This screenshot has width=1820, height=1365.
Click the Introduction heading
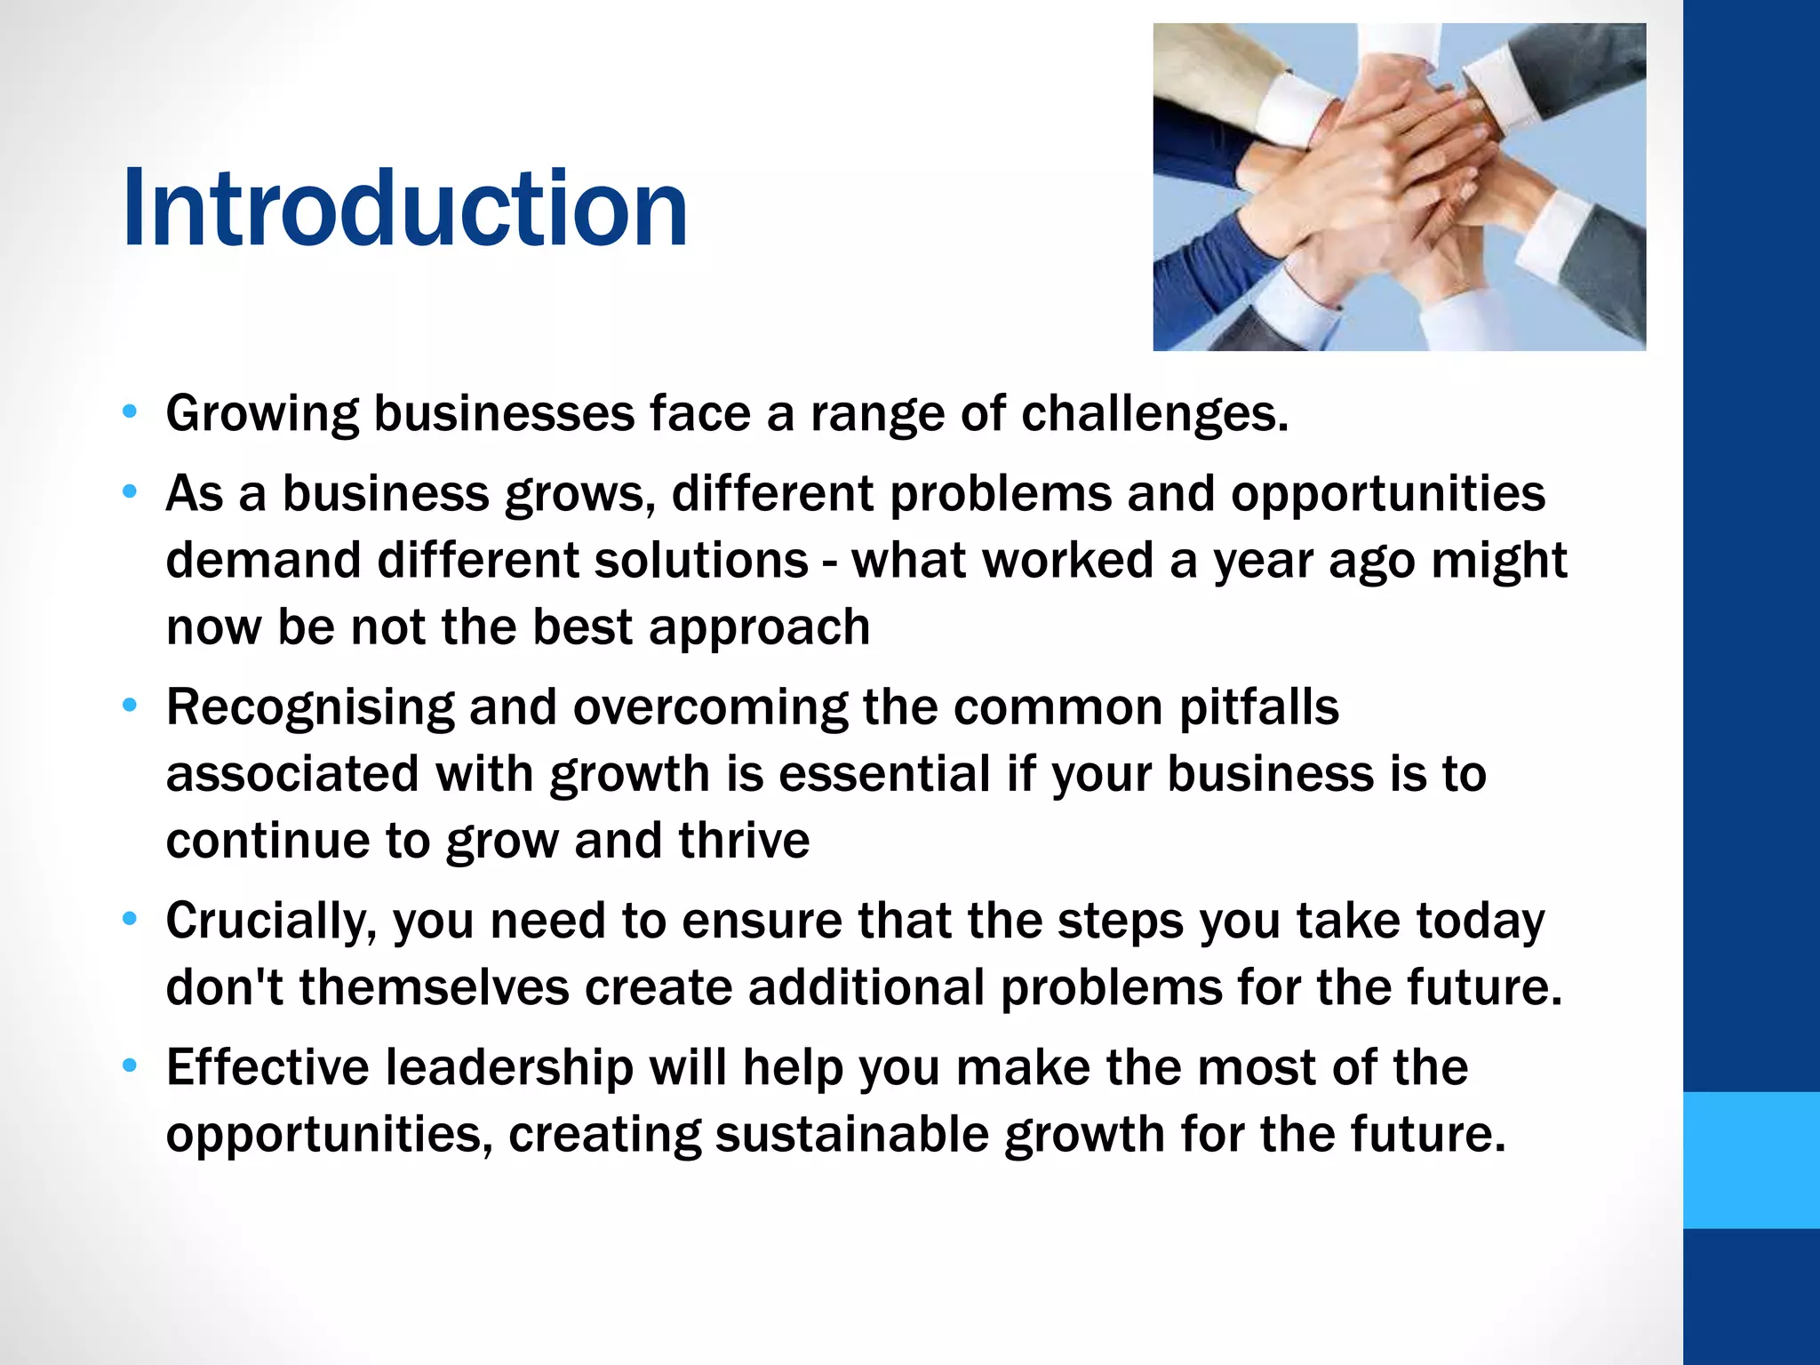click(404, 210)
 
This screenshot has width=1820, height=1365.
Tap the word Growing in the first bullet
click(261, 414)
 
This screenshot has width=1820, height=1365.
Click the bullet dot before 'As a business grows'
click(131, 491)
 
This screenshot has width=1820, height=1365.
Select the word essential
click(884, 774)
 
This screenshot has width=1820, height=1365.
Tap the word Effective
click(267, 1067)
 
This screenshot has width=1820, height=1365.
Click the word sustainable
click(851, 1135)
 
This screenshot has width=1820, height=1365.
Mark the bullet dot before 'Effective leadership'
click(131, 1066)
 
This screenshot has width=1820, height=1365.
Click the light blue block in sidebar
click(1751, 1160)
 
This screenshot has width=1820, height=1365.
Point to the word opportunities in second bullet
click(1387, 493)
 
